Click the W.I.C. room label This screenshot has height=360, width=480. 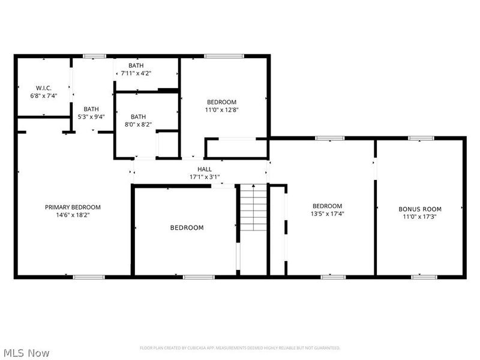(43, 88)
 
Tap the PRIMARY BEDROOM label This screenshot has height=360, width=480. (73, 207)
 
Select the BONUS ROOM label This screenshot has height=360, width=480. (419, 209)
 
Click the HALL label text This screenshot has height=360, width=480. (205, 170)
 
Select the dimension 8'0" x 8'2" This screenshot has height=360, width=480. (138, 125)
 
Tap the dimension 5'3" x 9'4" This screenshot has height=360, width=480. (91, 117)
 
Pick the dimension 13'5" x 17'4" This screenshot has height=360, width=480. (327, 214)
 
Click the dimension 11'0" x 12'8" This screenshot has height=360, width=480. (222, 110)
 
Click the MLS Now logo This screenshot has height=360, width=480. (26, 353)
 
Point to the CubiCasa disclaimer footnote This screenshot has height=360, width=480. (240, 348)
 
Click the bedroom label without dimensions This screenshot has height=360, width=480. (187, 227)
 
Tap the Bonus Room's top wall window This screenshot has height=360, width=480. (422, 139)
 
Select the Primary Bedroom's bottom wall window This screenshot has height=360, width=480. (88, 277)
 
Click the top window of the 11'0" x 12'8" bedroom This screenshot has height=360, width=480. (224, 56)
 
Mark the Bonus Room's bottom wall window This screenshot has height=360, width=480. (424, 277)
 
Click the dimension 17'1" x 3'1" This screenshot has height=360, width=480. (205, 177)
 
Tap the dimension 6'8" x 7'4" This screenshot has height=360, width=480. (43, 95)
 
